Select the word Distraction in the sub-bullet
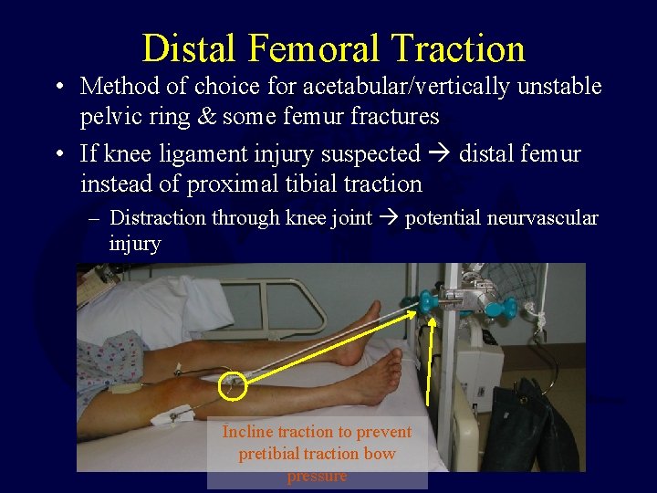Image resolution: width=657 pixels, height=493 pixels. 158,217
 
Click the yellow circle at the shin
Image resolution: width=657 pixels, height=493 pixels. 233,386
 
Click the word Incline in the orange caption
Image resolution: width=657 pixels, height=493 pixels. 247,432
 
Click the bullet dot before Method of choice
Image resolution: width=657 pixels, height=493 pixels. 58,88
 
